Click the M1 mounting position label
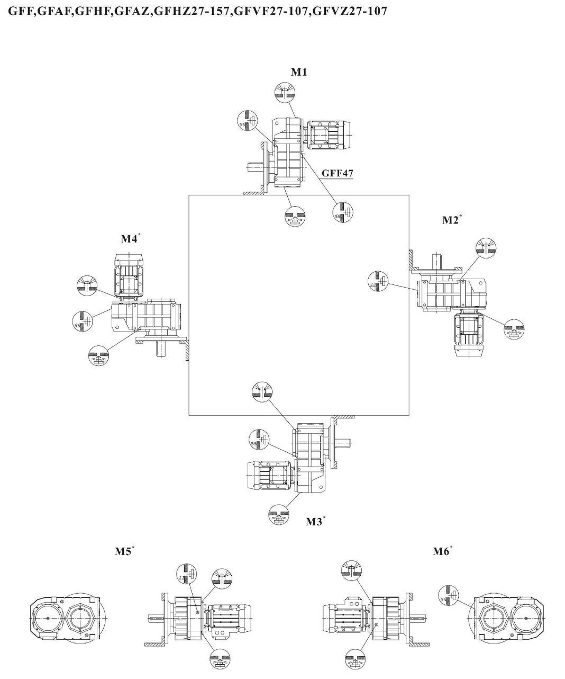pyautogui.click(x=299, y=72)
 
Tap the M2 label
pyautogui.click(x=451, y=220)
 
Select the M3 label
pyautogui.click(x=315, y=522)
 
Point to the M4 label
pyautogui.click(x=130, y=239)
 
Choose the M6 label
pyautogui.click(x=442, y=551)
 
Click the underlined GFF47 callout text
pyautogui.click(x=338, y=173)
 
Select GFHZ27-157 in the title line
pyautogui.click(x=198, y=11)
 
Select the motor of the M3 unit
pyautogui.click(x=268, y=475)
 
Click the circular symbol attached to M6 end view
pyautogui.click(x=449, y=595)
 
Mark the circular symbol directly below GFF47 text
pyautogui.click(x=343, y=212)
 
